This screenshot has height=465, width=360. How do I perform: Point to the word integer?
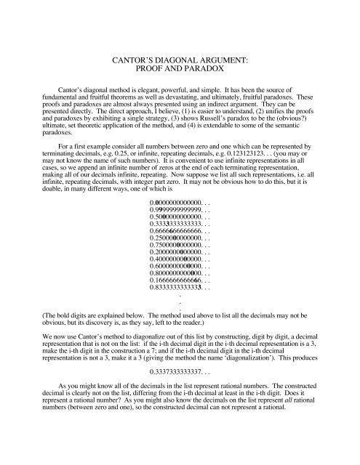pyautogui.click(x=145, y=205)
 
